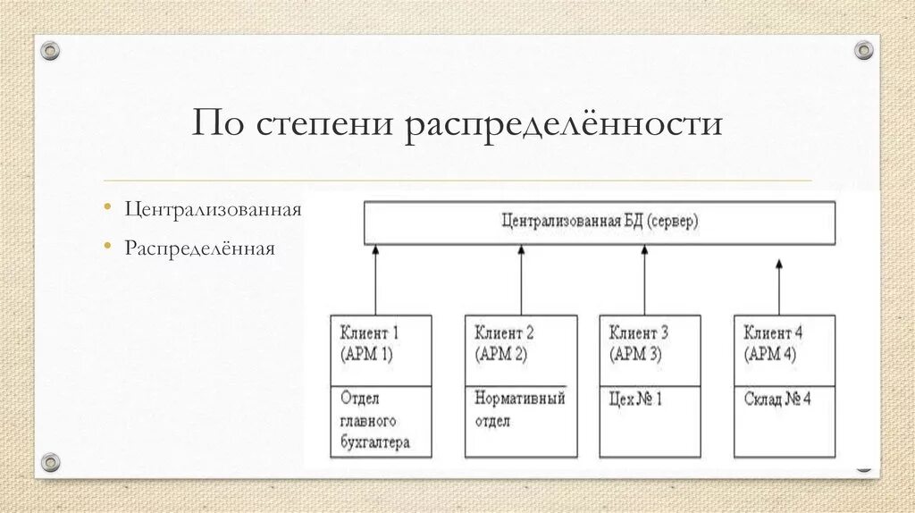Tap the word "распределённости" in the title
coord(565,123)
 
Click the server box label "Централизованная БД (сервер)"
coord(600,221)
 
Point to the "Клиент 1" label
coord(369,333)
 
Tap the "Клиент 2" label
coord(505,333)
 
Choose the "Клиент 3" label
coord(639,333)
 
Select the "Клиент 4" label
coord(773,333)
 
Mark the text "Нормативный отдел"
coord(520,409)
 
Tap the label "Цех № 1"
coord(634,399)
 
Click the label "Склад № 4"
coord(777,399)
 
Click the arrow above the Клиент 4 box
coord(779,286)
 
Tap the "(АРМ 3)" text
coord(635,354)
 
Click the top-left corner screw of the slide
coord(50,51)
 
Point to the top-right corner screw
coord(864,50)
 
